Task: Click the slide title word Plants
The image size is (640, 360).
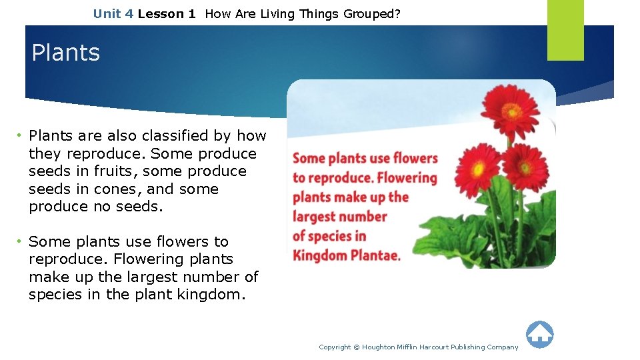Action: pos(65,53)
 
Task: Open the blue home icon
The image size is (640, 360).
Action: pos(539,334)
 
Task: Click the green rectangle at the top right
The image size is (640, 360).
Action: pos(565,29)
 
